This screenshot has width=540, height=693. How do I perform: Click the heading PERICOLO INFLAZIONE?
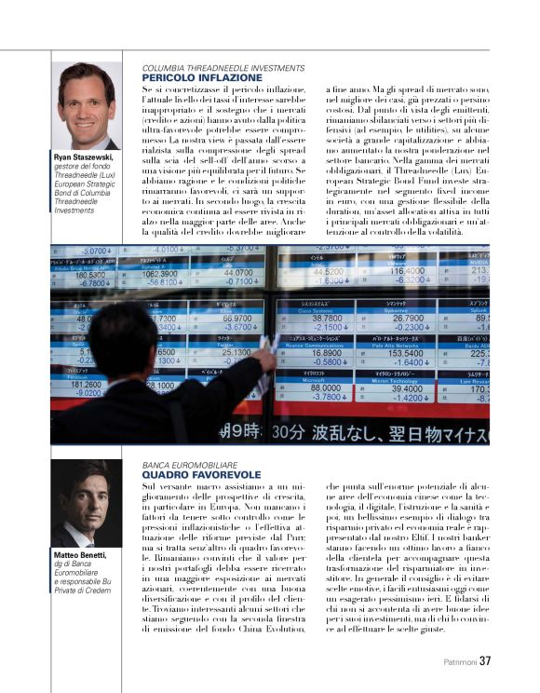(x=189, y=77)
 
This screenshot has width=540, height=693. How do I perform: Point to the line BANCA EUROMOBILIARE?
(x=189, y=464)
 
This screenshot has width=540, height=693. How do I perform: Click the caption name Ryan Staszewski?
(x=87, y=158)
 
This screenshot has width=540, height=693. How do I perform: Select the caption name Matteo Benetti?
(x=79, y=555)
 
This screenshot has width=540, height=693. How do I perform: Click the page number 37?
(x=485, y=662)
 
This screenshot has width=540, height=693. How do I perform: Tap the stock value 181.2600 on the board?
(x=85, y=383)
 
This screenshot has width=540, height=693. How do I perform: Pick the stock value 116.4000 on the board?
(x=407, y=271)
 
